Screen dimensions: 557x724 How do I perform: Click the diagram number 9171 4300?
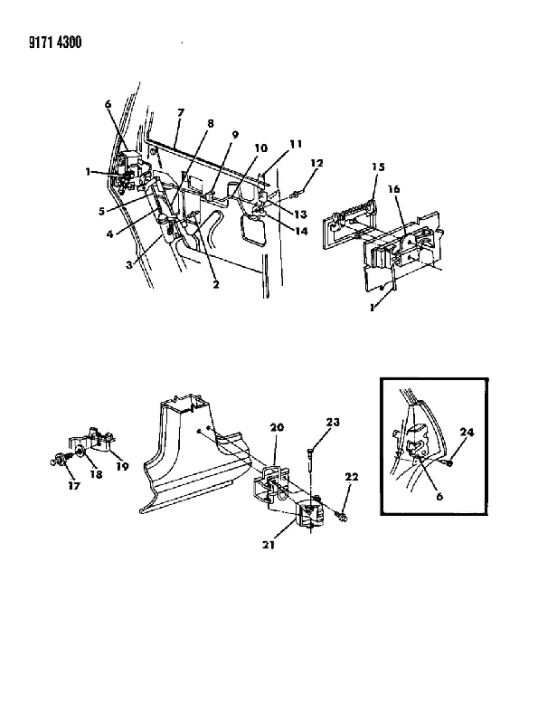pos(55,43)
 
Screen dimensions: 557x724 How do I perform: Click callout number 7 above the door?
pos(181,112)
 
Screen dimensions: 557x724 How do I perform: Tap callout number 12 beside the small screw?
pos(316,163)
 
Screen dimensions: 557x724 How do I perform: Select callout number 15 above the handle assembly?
pos(378,167)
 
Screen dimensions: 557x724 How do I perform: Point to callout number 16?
pos(393,189)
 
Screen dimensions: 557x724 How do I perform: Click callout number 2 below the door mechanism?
pos(216,284)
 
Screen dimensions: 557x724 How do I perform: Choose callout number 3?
pos(129,264)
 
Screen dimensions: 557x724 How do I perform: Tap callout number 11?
pos(296,144)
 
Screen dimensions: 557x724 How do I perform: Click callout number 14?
pos(301,231)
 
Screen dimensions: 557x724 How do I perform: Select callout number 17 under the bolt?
pos(74,485)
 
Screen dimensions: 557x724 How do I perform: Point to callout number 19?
pos(122,466)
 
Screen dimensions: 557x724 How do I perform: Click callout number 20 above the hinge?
pos(277,427)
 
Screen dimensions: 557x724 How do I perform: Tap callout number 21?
pos(269,545)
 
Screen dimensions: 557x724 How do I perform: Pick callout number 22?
pos(352,477)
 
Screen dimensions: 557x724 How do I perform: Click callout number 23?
pos(333,422)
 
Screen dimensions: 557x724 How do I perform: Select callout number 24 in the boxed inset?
pos(467,433)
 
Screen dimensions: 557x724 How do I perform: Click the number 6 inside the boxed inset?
pos(439,496)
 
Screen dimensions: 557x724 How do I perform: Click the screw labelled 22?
pos(342,516)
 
